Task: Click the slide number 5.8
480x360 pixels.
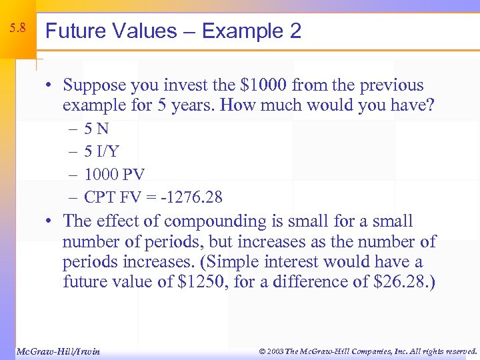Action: click(x=18, y=28)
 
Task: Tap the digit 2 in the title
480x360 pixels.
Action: click(x=295, y=31)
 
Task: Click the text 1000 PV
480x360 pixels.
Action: click(x=115, y=174)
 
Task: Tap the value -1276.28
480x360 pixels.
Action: click(x=194, y=197)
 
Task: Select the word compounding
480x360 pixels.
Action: click(x=211, y=222)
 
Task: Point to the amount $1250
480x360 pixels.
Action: click(x=200, y=281)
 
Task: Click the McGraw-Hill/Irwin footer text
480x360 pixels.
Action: click(x=57, y=351)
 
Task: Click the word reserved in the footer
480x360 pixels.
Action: click(x=459, y=351)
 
